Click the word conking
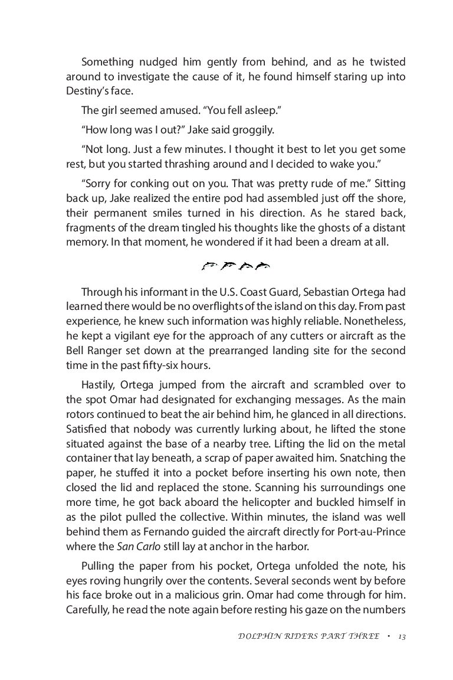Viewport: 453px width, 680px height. click(160, 184)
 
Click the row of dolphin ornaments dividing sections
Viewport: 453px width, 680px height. click(235, 267)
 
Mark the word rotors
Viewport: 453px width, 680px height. click(80, 414)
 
